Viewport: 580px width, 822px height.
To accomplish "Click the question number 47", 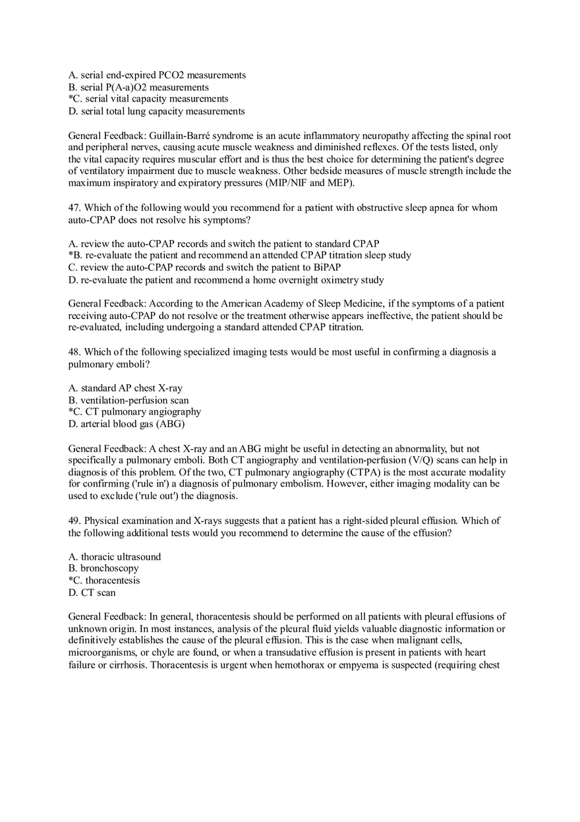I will [x=74, y=208].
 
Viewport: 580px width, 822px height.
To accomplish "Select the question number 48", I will [x=74, y=352].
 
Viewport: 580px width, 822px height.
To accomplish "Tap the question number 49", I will [x=74, y=521].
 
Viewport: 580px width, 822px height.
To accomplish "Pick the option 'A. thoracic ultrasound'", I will [x=115, y=556].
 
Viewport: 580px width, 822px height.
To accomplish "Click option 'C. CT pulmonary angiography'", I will [x=134, y=412].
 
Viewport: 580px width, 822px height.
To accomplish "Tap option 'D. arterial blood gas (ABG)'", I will [x=127, y=424].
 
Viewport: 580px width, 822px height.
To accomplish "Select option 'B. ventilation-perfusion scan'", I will [x=129, y=400].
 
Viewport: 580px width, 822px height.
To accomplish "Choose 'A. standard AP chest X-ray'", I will [x=125, y=388].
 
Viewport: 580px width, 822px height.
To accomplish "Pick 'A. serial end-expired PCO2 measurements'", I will [x=157, y=75].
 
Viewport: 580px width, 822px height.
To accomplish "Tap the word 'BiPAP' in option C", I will [x=328, y=268].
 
